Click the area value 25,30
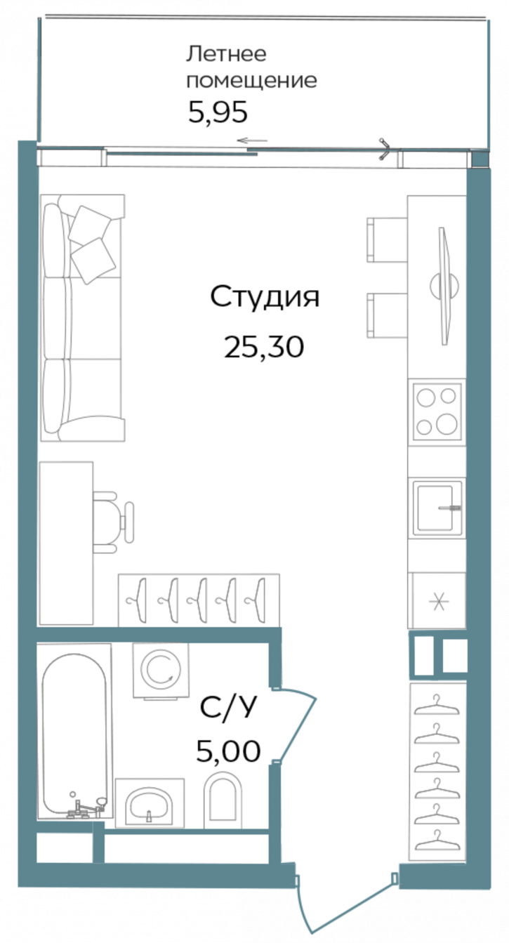pos(263,345)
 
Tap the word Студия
pos(265,297)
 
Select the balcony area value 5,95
pos(219,112)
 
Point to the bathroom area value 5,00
pos(229,751)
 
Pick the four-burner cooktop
pos(436,410)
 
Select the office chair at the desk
pos(114,517)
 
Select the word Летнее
pos(226,54)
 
